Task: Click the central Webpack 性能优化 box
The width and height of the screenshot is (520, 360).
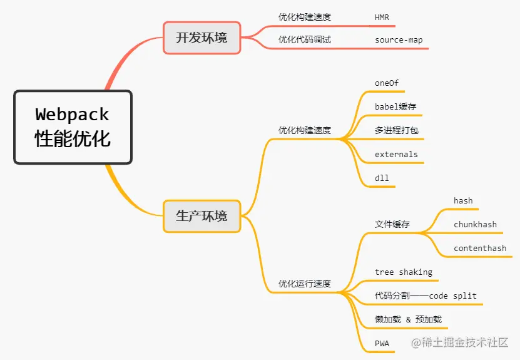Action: tap(73, 127)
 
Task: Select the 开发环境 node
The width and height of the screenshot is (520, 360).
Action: tap(201, 38)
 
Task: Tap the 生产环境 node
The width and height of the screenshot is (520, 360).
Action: tap(201, 216)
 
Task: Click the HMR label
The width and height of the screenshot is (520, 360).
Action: tap(382, 18)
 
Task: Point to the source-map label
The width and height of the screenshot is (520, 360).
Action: tap(399, 40)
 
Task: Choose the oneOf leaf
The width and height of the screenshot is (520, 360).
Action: tap(387, 83)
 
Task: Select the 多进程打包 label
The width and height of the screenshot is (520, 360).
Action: tap(396, 130)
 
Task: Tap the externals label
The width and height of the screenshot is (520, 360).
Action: tap(396, 154)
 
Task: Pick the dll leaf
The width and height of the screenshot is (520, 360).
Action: tap(382, 178)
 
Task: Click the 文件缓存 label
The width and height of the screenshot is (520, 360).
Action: tap(392, 224)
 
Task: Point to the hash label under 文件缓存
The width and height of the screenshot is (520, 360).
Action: tap(463, 201)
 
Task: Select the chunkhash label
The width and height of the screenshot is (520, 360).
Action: tap(475, 225)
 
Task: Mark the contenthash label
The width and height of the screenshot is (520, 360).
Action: tap(480, 249)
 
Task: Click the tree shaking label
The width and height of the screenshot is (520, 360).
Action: tap(404, 272)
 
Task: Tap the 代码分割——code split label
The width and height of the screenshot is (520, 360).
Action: tap(426, 296)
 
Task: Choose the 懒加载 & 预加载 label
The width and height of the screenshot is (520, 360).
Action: tap(408, 319)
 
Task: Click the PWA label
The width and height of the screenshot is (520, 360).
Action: tap(382, 343)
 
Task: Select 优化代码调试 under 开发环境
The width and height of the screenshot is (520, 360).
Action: tap(305, 40)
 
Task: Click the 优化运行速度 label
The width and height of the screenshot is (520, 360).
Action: tap(305, 284)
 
